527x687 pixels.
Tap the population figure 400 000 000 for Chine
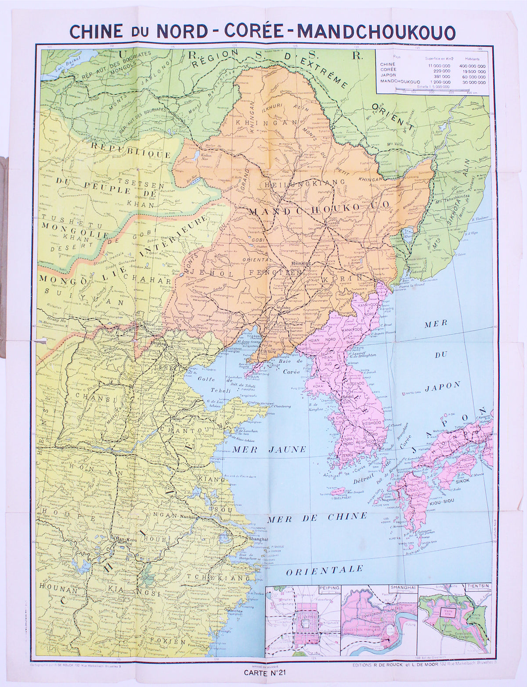pyautogui.click(x=472, y=66)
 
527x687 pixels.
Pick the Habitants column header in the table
pyautogui.click(x=472, y=59)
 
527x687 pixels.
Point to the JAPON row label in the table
pyautogui.click(x=388, y=76)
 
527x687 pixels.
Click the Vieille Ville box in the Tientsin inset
pyautogui.click(x=447, y=613)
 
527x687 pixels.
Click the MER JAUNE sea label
pyautogui.click(x=269, y=450)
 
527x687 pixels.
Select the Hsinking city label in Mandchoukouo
pyautogui.click(x=301, y=264)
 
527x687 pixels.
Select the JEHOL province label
pyautogui.click(x=206, y=274)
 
